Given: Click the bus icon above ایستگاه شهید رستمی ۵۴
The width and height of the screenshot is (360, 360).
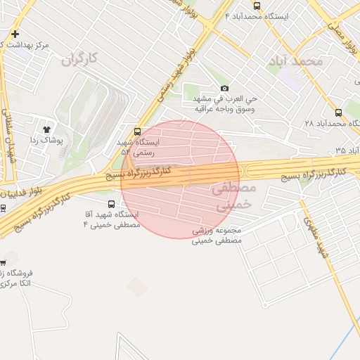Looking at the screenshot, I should (137, 131).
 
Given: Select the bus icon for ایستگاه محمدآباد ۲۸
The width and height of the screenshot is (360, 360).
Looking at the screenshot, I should (339, 112).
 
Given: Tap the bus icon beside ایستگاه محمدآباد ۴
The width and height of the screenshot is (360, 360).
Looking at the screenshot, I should (257, 26).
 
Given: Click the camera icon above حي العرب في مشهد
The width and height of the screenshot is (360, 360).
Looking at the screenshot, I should (224, 88).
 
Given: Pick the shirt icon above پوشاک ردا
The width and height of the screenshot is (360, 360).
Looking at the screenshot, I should (47, 129).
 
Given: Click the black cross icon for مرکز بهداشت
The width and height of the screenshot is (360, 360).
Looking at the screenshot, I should (15, 34).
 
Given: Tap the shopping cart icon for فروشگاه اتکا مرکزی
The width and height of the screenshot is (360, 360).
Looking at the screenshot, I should (3, 263).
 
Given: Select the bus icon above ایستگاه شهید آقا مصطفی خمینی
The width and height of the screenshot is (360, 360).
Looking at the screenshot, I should (111, 204).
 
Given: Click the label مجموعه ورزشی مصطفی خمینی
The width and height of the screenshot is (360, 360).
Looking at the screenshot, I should (217, 235).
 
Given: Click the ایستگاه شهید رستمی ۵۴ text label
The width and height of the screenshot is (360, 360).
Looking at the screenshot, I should (140, 146).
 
